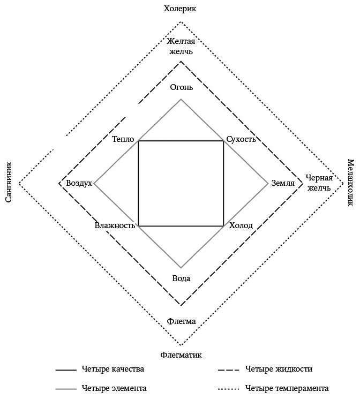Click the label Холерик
180,8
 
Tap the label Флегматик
181,354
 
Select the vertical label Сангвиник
9,182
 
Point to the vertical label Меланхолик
350,182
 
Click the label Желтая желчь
180,46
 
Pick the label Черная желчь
319,183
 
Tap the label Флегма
181,321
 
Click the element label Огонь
181,87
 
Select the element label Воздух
79,183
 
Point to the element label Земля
283,183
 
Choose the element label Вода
181,278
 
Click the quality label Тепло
123,140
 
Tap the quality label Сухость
241,140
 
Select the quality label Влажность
115,225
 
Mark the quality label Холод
241,225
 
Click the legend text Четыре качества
113,369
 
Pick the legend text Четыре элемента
114,388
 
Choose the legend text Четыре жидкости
279,369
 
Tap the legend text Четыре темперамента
287,388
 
